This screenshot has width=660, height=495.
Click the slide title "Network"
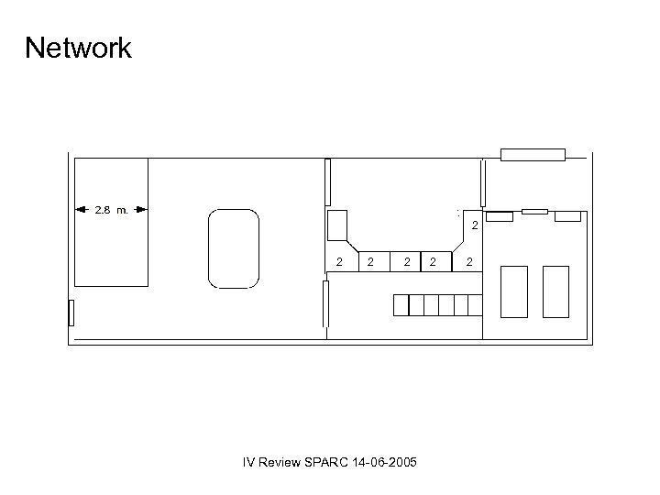point(79,48)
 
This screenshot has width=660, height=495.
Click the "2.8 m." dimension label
point(111,210)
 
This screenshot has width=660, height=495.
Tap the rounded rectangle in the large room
point(233,248)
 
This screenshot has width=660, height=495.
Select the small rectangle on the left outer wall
point(71,313)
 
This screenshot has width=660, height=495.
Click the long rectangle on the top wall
point(533,154)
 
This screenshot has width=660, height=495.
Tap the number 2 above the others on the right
point(474,225)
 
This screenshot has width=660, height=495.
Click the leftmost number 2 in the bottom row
point(339,263)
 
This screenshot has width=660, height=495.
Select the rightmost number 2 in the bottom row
point(469,263)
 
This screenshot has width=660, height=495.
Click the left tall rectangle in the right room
point(514,291)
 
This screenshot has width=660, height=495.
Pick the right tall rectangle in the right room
point(555,291)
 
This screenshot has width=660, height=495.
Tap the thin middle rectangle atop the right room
point(534,212)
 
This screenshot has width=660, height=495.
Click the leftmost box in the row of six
point(401,305)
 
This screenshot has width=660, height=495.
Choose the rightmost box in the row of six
point(475,305)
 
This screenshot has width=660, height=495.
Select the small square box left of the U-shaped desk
point(336,225)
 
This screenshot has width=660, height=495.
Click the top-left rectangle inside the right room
point(500,216)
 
